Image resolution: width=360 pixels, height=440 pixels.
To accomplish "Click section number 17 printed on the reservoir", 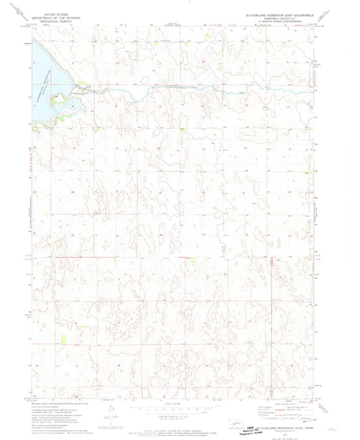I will (x=33, y=105).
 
